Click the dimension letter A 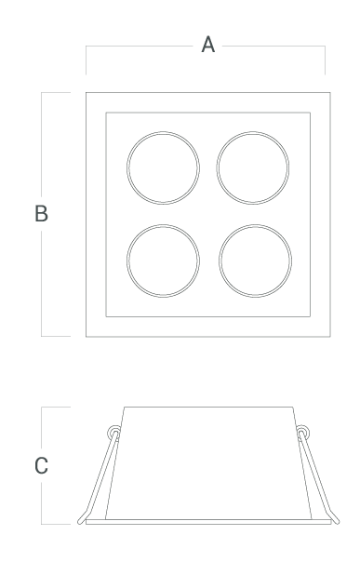point(207,45)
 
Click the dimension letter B point(41,213)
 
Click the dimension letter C point(41,466)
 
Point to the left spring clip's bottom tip point(80,522)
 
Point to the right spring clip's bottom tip point(337,522)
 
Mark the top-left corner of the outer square point(87,93)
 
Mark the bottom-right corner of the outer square point(330,336)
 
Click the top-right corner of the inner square point(310,113)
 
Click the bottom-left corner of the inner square point(106,316)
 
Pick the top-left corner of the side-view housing point(125,407)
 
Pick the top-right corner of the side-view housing point(293,407)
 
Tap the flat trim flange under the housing point(208,522)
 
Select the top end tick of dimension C point(56,407)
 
